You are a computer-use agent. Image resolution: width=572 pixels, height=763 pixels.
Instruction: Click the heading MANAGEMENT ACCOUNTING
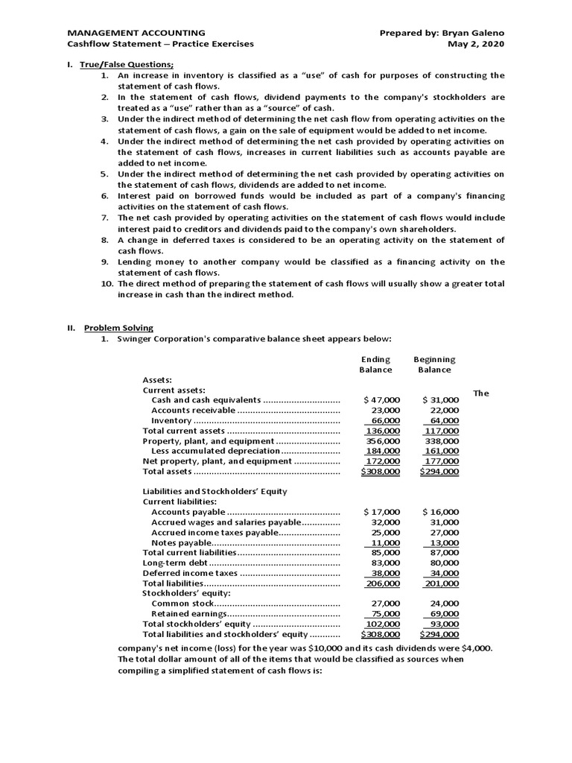click(136, 33)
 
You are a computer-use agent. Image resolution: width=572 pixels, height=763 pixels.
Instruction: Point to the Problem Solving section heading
click(118, 327)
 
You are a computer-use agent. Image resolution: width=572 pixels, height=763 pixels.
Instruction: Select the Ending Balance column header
click(375, 364)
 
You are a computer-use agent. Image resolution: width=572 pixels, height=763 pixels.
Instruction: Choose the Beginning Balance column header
click(434, 364)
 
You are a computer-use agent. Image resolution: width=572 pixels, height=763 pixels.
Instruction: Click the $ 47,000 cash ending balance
click(381, 400)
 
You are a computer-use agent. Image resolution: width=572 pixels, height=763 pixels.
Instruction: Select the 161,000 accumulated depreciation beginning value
click(441, 451)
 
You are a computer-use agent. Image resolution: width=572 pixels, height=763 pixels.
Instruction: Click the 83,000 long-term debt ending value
click(385, 563)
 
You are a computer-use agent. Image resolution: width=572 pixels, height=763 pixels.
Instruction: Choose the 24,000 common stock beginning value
click(445, 604)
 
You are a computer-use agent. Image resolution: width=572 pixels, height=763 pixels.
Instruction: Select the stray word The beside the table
click(481, 393)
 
